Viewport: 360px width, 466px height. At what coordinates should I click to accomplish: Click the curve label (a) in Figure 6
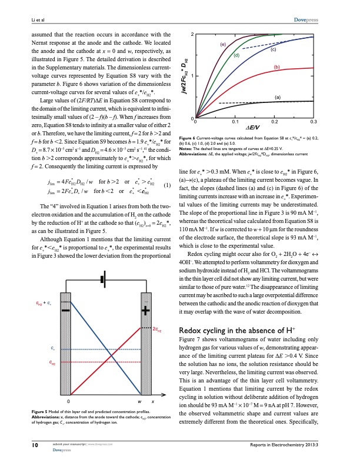(x=276, y=96)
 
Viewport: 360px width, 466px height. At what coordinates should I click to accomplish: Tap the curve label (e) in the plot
(x=224, y=44)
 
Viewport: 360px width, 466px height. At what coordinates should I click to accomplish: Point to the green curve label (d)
(x=237, y=55)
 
